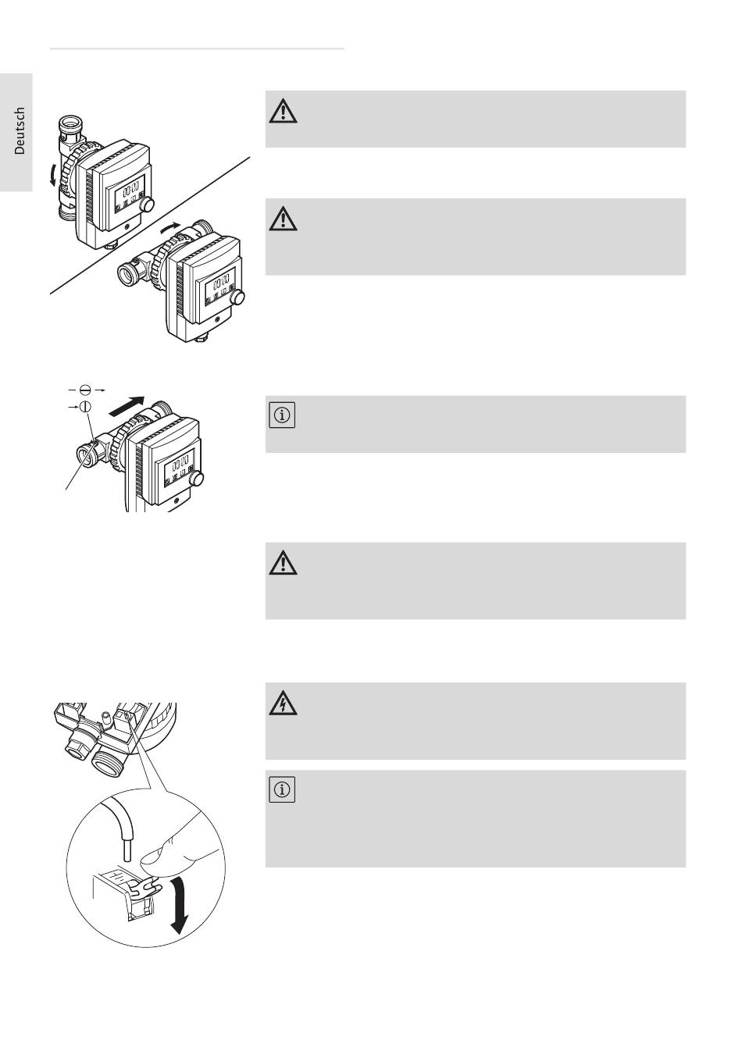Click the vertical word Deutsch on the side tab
20,131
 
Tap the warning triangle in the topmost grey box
283,112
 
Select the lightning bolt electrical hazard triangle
283,704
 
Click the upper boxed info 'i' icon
282,415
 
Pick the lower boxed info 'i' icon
282,791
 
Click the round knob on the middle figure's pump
198,479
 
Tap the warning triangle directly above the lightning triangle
283,563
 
